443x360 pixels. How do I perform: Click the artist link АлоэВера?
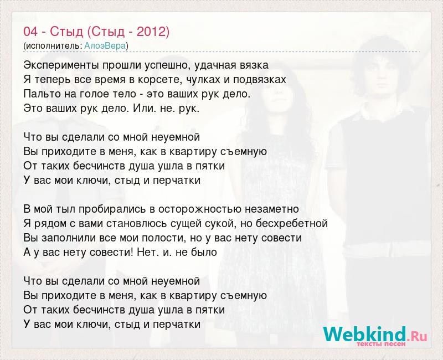coord(105,46)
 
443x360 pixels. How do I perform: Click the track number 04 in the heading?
coord(30,32)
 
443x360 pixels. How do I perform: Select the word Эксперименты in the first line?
coord(61,65)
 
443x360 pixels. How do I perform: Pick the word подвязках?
coord(259,80)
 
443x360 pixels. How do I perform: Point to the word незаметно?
coord(272,209)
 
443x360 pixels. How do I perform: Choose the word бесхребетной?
coord(292,223)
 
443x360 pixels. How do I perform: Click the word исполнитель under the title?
coord(54,46)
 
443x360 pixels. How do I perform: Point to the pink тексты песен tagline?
coord(381,344)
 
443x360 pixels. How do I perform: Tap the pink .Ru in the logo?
coord(417,336)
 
